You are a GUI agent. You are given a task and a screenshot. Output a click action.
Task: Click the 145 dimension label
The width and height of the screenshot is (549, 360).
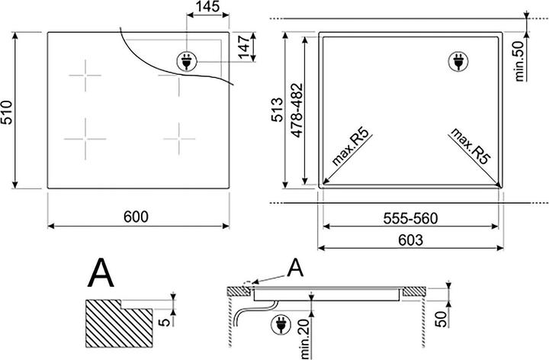click(x=208, y=6)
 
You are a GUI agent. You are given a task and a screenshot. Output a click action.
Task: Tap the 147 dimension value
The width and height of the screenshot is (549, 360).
click(x=243, y=46)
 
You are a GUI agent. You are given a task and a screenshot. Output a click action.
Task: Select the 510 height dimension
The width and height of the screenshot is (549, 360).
click(x=6, y=113)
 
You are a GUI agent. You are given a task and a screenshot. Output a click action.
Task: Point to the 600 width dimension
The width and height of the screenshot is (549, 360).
click(x=136, y=217)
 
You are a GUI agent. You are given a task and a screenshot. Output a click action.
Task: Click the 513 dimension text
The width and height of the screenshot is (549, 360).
click(x=278, y=110)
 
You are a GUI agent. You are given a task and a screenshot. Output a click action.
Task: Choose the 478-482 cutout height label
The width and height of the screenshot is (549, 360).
click(x=297, y=111)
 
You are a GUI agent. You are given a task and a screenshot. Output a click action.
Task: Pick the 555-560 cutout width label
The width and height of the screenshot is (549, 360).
click(x=410, y=219)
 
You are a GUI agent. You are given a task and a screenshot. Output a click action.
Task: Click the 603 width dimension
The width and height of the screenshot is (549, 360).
click(x=410, y=240)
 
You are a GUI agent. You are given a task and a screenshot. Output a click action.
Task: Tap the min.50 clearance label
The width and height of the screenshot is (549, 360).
click(x=519, y=61)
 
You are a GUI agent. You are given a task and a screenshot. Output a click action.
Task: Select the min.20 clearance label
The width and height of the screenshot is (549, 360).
click(x=304, y=339)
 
